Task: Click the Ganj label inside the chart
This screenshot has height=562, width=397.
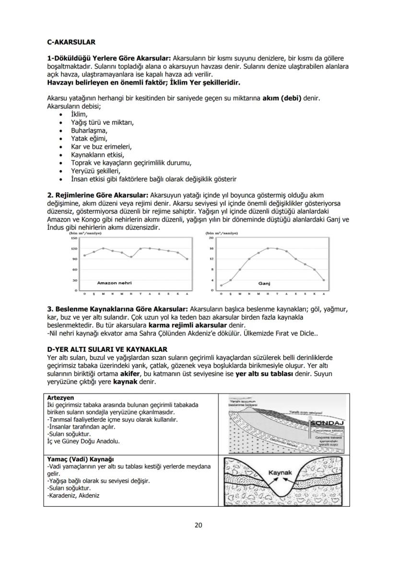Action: [265, 283]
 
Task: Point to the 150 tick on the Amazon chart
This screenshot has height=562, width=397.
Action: [74, 238]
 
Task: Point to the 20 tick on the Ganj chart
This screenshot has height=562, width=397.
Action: [210, 238]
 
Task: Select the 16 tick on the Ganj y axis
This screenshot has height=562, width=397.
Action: [210, 249]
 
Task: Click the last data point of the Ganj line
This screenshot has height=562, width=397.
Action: [324, 280]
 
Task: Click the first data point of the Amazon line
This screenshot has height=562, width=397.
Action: [84, 255]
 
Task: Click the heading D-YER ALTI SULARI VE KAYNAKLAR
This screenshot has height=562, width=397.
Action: [107, 349]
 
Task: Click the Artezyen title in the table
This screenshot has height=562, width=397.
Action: [60, 398]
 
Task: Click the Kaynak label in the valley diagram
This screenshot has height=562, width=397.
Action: [280, 473]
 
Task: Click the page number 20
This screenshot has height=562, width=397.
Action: [198, 525]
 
